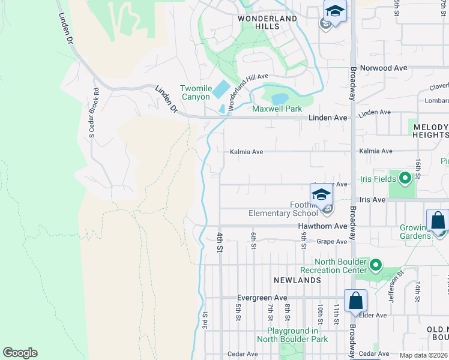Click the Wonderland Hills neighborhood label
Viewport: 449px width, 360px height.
pos(267,23)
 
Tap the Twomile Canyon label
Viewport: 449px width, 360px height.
pos(196,92)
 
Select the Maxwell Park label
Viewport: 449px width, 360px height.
pos(277,109)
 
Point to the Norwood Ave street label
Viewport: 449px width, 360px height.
pos(384,68)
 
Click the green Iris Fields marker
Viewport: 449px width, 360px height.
pos(405,178)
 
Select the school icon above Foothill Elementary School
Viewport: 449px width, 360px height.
pos(321,195)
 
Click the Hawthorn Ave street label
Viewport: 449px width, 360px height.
pos(323,226)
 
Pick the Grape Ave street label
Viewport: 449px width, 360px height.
pos(332,242)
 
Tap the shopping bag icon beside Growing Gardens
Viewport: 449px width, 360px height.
pos(438,221)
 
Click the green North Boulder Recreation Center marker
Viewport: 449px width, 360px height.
pos(376,265)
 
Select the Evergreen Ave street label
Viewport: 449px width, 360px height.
pos(262,298)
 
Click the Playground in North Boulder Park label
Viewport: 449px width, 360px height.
pos(292,335)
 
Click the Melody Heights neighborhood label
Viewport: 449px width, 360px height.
pos(430,131)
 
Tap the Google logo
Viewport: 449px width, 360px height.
pos(20,353)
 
